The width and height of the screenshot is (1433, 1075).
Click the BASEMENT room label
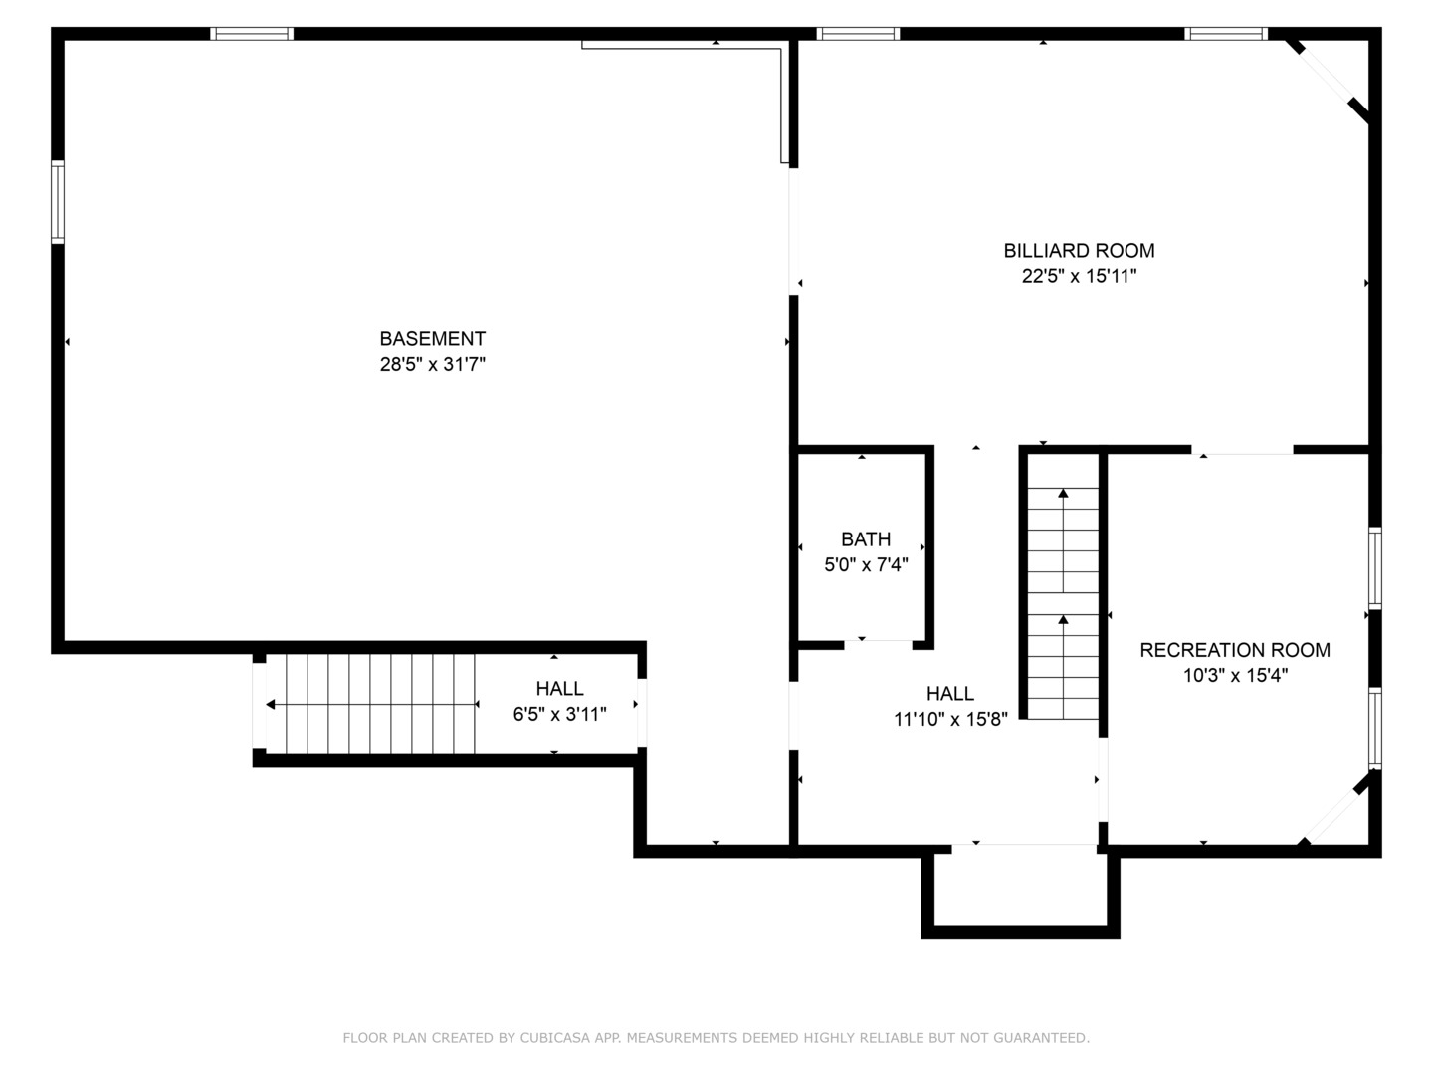432,339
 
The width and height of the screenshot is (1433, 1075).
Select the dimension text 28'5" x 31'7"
432,364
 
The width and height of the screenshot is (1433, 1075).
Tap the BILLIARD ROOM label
1079,251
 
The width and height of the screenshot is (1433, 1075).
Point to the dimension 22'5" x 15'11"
1079,276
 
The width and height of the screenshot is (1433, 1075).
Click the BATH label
866,539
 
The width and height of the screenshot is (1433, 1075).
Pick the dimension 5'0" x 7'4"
866,564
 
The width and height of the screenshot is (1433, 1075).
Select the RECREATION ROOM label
1235,650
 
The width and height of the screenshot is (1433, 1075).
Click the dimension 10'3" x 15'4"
1235,675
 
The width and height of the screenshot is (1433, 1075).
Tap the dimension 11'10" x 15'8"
950,720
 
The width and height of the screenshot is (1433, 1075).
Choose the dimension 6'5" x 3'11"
559,714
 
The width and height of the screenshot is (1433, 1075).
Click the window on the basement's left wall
58,202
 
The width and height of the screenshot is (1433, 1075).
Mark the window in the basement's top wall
252,33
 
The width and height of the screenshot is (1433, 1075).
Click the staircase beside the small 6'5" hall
370,705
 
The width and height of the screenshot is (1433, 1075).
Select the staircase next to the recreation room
1063,586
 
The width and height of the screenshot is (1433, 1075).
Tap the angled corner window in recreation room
1338,809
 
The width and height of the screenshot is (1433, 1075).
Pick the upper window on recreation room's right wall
1375,568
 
